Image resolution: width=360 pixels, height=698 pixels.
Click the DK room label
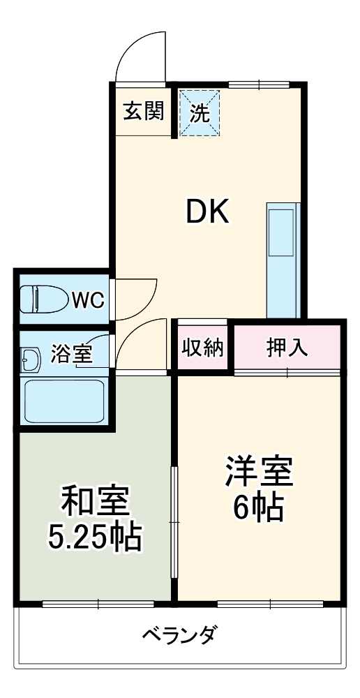point(207,212)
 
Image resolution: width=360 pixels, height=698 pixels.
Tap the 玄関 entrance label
point(144,112)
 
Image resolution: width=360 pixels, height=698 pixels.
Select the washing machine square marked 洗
point(200,112)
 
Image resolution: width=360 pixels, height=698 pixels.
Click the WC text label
point(89,300)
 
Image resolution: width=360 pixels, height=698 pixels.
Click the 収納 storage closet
point(203,348)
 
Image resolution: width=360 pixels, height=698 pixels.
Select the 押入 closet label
point(287,348)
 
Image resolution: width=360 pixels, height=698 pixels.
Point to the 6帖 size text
point(258,508)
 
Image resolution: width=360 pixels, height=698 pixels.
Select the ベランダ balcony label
point(181,635)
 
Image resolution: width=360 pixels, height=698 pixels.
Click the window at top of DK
point(259,84)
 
